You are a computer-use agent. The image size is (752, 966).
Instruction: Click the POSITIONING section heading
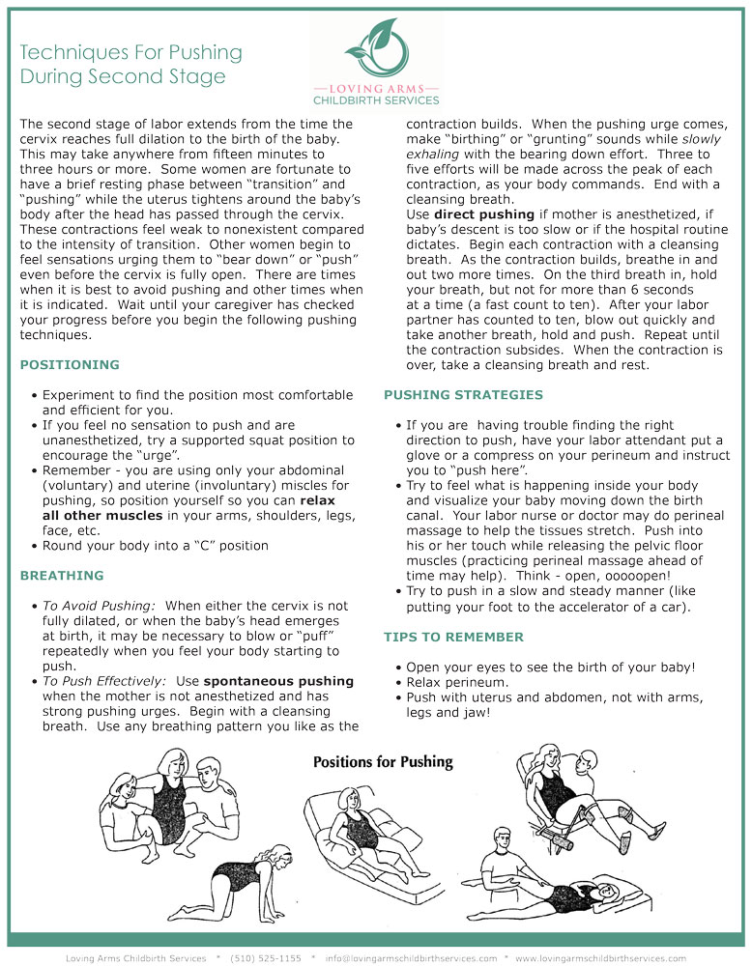tap(70, 365)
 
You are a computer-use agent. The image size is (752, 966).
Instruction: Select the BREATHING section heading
tap(62, 576)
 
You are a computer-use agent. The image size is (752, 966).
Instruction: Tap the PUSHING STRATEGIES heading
tap(463, 394)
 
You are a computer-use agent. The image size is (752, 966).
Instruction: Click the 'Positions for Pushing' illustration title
tap(383, 762)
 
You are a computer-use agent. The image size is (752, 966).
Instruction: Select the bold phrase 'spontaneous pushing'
tap(278, 681)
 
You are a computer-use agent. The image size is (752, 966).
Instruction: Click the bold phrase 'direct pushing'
tap(484, 213)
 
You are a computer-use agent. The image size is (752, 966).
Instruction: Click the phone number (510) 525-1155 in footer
tap(266, 958)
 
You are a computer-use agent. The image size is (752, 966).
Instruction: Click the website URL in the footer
tap(600, 958)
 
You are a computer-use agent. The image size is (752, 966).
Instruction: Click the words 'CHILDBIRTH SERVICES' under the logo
tap(376, 99)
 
